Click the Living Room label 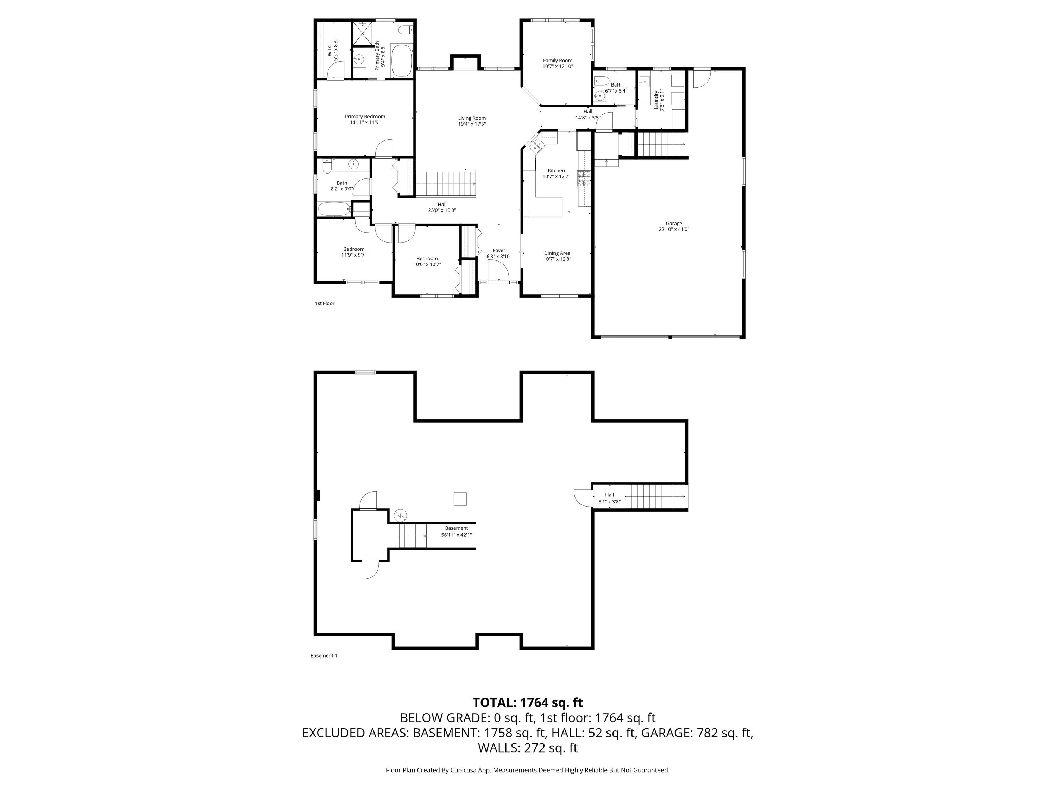click(x=472, y=121)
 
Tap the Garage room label click(x=674, y=226)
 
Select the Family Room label click(x=557, y=63)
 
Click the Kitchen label click(x=556, y=173)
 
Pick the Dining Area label click(x=557, y=256)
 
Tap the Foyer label click(x=499, y=253)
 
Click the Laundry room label click(x=659, y=100)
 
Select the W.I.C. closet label click(x=332, y=48)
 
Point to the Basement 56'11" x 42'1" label click(x=457, y=531)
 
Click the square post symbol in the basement click(x=460, y=499)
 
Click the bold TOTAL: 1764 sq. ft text click(x=528, y=703)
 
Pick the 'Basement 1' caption click(x=324, y=655)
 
